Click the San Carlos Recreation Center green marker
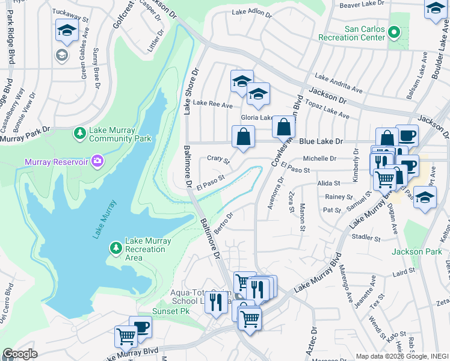[x=394, y=31]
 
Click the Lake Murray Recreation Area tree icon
[x=115, y=248]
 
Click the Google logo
[x=19, y=354]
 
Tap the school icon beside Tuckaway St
[x=67, y=31]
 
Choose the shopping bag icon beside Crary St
[x=243, y=137]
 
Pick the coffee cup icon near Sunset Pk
[x=141, y=327]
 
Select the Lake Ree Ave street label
[x=212, y=105]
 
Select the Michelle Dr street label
[x=319, y=158]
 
